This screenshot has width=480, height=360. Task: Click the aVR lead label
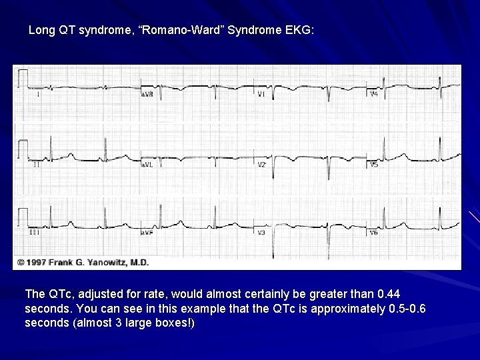(x=147, y=95)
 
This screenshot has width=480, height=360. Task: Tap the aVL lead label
(x=147, y=164)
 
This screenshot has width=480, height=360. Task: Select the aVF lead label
(x=147, y=233)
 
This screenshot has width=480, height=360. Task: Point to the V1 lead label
(x=261, y=95)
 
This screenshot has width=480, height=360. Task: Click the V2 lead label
(x=262, y=164)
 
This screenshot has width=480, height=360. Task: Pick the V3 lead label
(x=261, y=233)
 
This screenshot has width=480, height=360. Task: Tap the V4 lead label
(x=374, y=94)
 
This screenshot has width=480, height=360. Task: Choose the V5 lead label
(x=374, y=164)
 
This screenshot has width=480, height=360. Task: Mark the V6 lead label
(x=374, y=233)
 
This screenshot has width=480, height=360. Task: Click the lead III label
(x=33, y=233)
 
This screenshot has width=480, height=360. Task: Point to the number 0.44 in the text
(x=388, y=293)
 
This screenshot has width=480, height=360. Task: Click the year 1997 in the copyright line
(x=37, y=263)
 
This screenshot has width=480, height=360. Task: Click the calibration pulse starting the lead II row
(x=22, y=148)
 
